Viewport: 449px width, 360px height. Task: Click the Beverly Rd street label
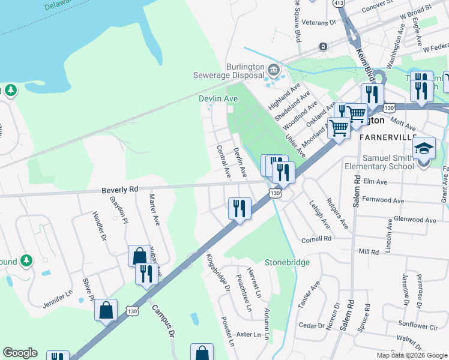tap(120, 189)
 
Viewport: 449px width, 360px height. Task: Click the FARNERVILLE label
tap(387, 137)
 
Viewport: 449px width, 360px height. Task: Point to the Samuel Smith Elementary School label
tap(378, 161)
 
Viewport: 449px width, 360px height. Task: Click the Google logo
tap(20, 353)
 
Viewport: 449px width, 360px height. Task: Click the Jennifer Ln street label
tap(58, 299)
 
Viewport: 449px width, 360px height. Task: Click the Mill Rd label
tap(369, 253)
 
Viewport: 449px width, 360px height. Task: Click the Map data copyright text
tap(412, 355)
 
